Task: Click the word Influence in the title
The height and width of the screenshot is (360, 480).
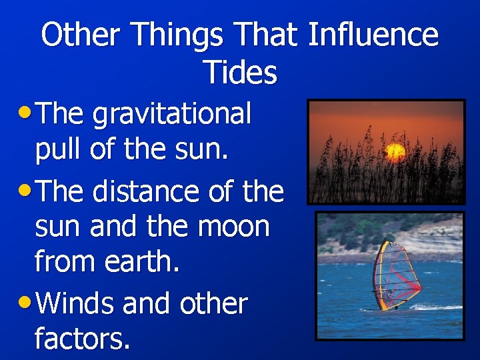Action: click(373, 35)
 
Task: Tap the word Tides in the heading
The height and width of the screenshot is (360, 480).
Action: click(240, 72)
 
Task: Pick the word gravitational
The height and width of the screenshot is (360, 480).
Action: click(172, 115)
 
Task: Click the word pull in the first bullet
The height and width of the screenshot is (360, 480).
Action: click(58, 151)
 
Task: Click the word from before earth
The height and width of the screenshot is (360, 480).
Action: click(63, 263)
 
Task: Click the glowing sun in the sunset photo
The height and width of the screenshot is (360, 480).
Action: click(396, 153)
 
